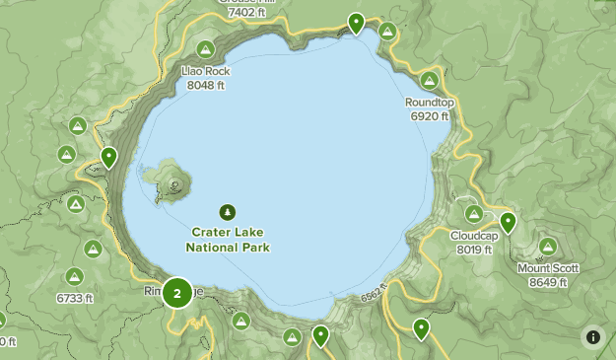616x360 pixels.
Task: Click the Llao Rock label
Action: (x=205, y=71)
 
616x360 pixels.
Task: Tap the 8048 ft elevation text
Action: (x=205, y=85)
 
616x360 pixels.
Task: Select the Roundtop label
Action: (x=429, y=102)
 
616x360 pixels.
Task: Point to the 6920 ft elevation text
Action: (x=429, y=115)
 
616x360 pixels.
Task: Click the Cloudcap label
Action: (x=474, y=236)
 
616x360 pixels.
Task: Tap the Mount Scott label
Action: (x=548, y=268)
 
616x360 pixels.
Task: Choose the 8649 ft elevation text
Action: (x=548, y=282)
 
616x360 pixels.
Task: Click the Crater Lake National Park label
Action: (x=230, y=240)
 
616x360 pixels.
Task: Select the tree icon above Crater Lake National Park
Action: (x=229, y=211)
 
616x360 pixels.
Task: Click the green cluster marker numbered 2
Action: (x=177, y=292)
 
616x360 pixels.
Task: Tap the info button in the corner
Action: (x=592, y=336)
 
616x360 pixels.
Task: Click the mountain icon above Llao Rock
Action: (x=205, y=49)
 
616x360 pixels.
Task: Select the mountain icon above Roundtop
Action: (x=429, y=80)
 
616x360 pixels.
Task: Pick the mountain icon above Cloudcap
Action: (x=474, y=213)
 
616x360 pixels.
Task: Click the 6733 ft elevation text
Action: (x=75, y=298)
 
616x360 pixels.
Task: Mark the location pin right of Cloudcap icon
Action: (x=508, y=222)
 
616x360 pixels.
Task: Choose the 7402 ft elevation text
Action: (x=246, y=13)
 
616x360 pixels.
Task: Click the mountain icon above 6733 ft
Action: (x=75, y=276)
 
